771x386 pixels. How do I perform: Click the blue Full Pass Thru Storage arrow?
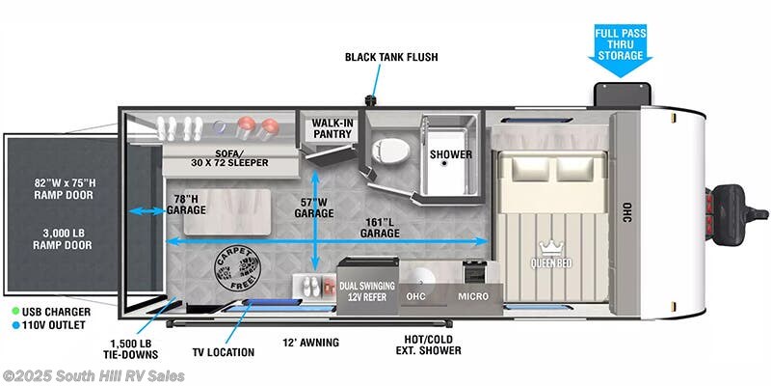(x=620, y=50)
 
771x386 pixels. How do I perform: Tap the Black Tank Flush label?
(x=391, y=57)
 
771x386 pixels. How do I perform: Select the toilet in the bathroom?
(x=391, y=150)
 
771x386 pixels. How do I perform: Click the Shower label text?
(x=451, y=154)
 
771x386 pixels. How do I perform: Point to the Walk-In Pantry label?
(x=332, y=128)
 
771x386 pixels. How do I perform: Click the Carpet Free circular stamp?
(x=237, y=268)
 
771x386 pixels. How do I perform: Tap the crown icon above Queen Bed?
(x=550, y=246)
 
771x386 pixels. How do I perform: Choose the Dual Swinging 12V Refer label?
(x=367, y=291)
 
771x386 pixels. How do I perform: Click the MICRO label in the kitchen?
(x=473, y=296)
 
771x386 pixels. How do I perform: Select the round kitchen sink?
(x=421, y=278)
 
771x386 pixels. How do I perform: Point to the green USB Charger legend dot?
(x=15, y=312)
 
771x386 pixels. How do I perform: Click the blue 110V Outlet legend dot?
(x=15, y=325)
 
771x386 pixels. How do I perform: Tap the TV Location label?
(x=224, y=352)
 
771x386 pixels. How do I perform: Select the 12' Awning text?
(x=310, y=343)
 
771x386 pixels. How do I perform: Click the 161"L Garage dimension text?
(x=380, y=228)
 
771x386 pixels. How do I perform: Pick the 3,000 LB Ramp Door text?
(x=63, y=239)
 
